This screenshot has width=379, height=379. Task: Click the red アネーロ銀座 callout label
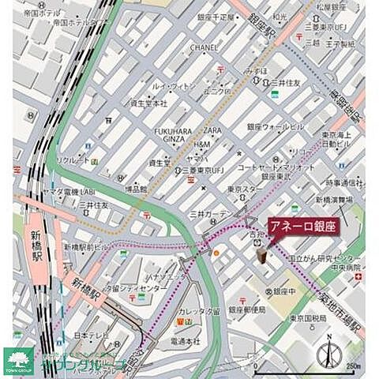(304, 225)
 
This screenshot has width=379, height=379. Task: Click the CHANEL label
(204, 47)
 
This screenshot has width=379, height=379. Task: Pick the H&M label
(202, 144)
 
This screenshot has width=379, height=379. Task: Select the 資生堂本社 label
(148, 103)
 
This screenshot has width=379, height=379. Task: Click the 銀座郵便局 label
(249, 310)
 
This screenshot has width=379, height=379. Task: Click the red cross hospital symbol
(358, 277)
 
